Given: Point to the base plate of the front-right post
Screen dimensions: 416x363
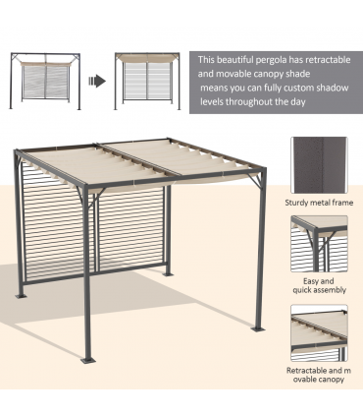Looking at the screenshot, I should coord(257,327).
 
